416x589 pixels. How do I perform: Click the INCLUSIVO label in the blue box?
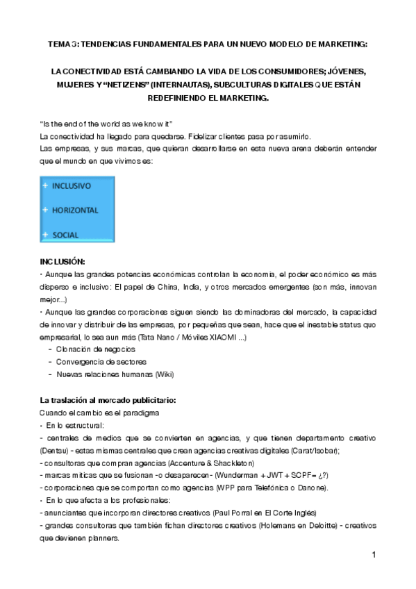pos(72,186)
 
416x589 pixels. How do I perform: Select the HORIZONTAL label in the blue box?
pos(75,210)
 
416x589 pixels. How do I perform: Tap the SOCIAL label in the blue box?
pos(65,235)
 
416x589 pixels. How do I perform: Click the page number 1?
pos(374,554)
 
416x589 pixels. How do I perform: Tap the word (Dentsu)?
pos(55,450)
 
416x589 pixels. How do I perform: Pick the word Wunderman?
pos(239,475)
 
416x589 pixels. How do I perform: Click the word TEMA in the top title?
pos(59,44)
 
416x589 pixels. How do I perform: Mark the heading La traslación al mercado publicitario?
pos(108,400)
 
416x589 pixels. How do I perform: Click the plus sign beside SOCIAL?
pos(45,234)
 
